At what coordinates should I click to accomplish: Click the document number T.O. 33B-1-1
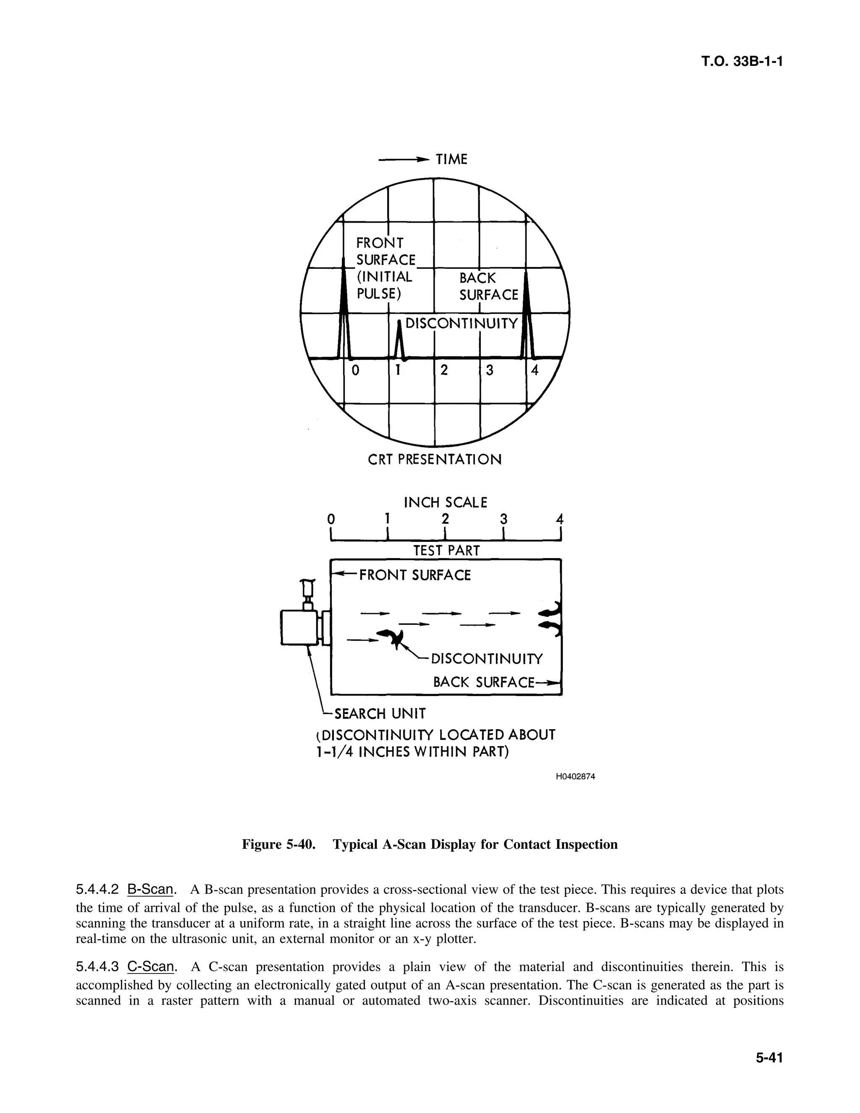pyautogui.click(x=741, y=62)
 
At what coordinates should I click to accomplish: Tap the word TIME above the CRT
pyautogui.click(x=451, y=160)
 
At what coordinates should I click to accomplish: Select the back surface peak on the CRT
pyautogui.click(x=527, y=316)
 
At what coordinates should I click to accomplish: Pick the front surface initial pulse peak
pyautogui.click(x=344, y=311)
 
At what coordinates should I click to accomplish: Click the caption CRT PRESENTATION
pyautogui.click(x=435, y=459)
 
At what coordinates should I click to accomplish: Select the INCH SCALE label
pyautogui.click(x=445, y=503)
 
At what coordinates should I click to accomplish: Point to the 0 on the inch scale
pyautogui.click(x=331, y=519)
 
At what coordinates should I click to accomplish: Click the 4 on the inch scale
pyautogui.click(x=559, y=519)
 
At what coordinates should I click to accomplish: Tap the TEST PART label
pyautogui.click(x=446, y=551)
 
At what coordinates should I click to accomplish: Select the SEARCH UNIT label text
pyautogui.click(x=380, y=714)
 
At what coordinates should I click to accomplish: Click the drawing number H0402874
pyautogui.click(x=575, y=777)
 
